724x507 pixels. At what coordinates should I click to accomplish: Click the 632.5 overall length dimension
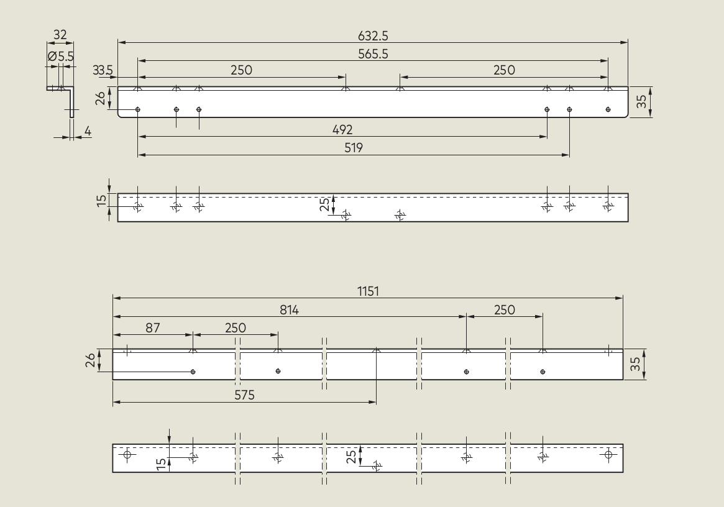pos(373,35)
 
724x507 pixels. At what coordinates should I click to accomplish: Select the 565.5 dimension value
pos(373,54)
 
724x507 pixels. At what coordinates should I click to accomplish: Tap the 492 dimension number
pos(342,130)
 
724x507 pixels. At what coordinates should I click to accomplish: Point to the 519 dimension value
pos(354,148)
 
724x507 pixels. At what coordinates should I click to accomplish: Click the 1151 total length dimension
pos(368,291)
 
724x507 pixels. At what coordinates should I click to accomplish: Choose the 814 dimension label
pos(289,310)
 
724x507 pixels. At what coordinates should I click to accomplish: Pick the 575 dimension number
pos(244,395)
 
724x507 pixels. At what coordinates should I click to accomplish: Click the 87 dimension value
pos(153,328)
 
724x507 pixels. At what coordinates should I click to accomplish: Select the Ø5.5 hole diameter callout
pos(60,57)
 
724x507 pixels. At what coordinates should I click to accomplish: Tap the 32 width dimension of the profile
pos(60,35)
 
